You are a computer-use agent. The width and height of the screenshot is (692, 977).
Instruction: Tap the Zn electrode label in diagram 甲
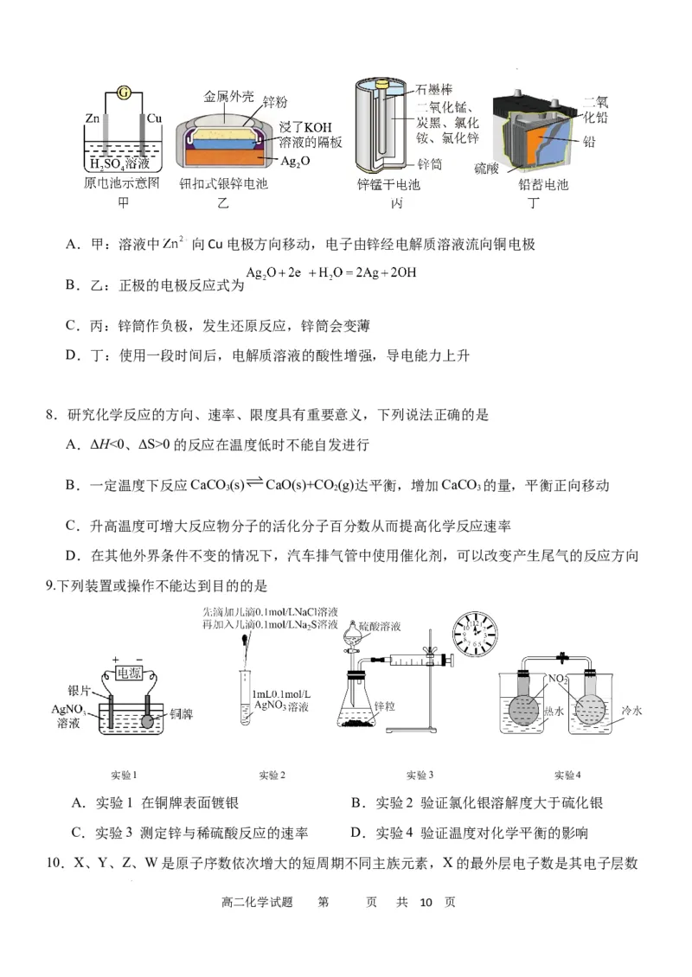pyautogui.click(x=93, y=118)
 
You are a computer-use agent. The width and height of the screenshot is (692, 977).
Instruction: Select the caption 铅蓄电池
pyautogui.click(x=543, y=184)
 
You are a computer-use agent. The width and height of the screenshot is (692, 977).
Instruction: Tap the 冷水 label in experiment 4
pyautogui.click(x=633, y=711)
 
